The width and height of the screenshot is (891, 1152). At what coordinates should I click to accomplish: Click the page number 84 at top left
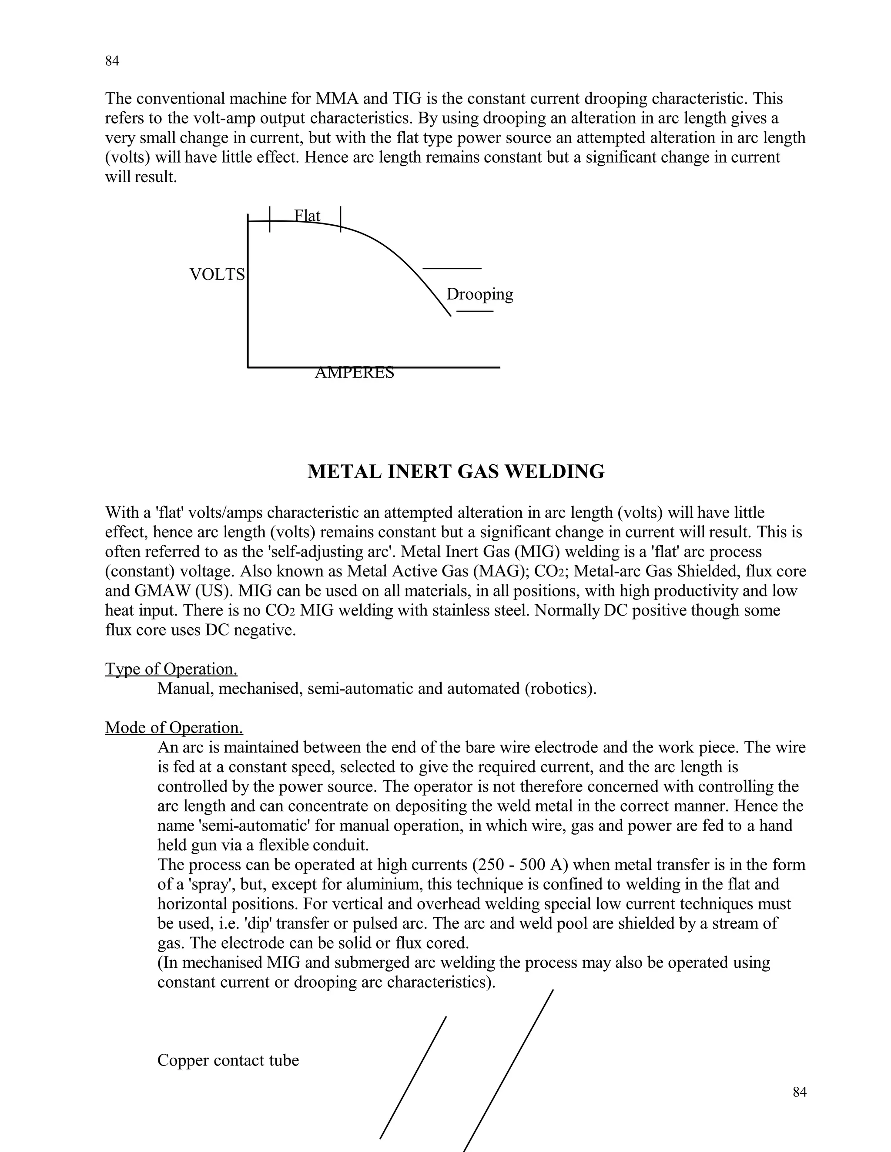pyautogui.click(x=112, y=61)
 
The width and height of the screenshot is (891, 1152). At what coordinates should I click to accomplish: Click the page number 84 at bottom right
pyautogui.click(x=799, y=1092)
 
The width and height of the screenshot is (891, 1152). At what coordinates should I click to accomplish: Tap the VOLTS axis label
pyautogui.click(x=217, y=275)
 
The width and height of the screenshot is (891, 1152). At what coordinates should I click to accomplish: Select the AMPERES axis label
pyautogui.click(x=354, y=373)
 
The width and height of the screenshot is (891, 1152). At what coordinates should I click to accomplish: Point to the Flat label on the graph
pyautogui.click(x=307, y=215)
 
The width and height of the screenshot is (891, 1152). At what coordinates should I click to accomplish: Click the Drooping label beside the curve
pyautogui.click(x=479, y=294)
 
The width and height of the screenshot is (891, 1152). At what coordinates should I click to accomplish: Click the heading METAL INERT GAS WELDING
pyautogui.click(x=456, y=472)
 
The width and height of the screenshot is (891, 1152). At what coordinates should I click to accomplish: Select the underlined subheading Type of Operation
pyautogui.click(x=171, y=669)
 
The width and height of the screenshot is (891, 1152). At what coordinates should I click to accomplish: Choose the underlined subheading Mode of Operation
pyautogui.click(x=174, y=727)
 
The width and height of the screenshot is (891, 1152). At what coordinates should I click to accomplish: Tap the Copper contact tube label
pyautogui.click(x=228, y=1060)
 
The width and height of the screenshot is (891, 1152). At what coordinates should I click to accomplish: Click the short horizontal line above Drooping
pyautogui.click(x=452, y=269)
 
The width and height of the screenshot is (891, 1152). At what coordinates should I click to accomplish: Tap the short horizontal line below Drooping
pyautogui.click(x=475, y=311)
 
